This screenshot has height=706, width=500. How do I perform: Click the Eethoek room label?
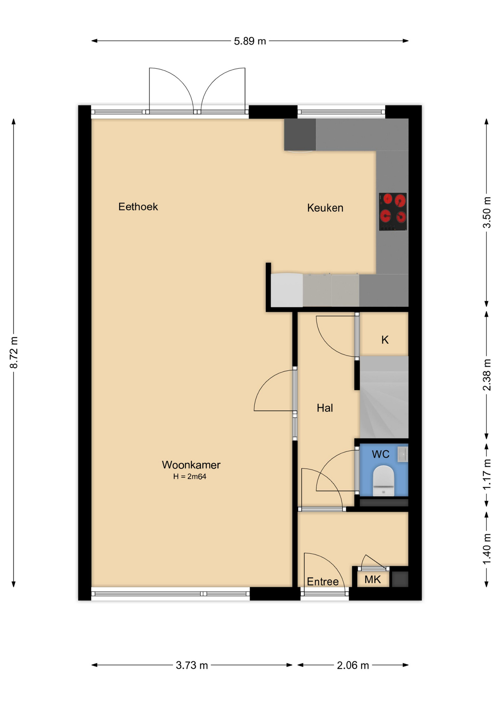[138, 207]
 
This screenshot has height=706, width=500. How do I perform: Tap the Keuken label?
[325, 208]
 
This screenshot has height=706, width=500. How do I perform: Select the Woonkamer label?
[191, 465]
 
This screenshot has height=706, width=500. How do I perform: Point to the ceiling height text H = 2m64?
[190, 477]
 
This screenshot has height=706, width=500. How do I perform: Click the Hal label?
[325, 408]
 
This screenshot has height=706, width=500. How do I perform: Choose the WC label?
[380, 454]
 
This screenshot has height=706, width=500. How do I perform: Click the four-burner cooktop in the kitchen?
[393, 212]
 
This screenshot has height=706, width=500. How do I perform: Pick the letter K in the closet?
[385, 340]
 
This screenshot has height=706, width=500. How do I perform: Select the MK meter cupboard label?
[372, 580]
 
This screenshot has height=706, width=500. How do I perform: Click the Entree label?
[323, 582]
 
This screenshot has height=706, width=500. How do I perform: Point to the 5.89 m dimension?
[250, 41]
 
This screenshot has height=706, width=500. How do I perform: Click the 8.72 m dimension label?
[14, 352]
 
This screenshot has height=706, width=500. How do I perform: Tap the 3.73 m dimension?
[192, 665]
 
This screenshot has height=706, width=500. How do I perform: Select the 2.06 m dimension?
[353, 665]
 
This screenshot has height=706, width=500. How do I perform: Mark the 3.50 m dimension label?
[487, 213]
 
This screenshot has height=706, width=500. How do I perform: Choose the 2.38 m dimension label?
[487, 375]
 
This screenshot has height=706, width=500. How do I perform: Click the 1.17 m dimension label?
[487, 474]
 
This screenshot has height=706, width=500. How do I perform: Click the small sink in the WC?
[402, 454]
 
